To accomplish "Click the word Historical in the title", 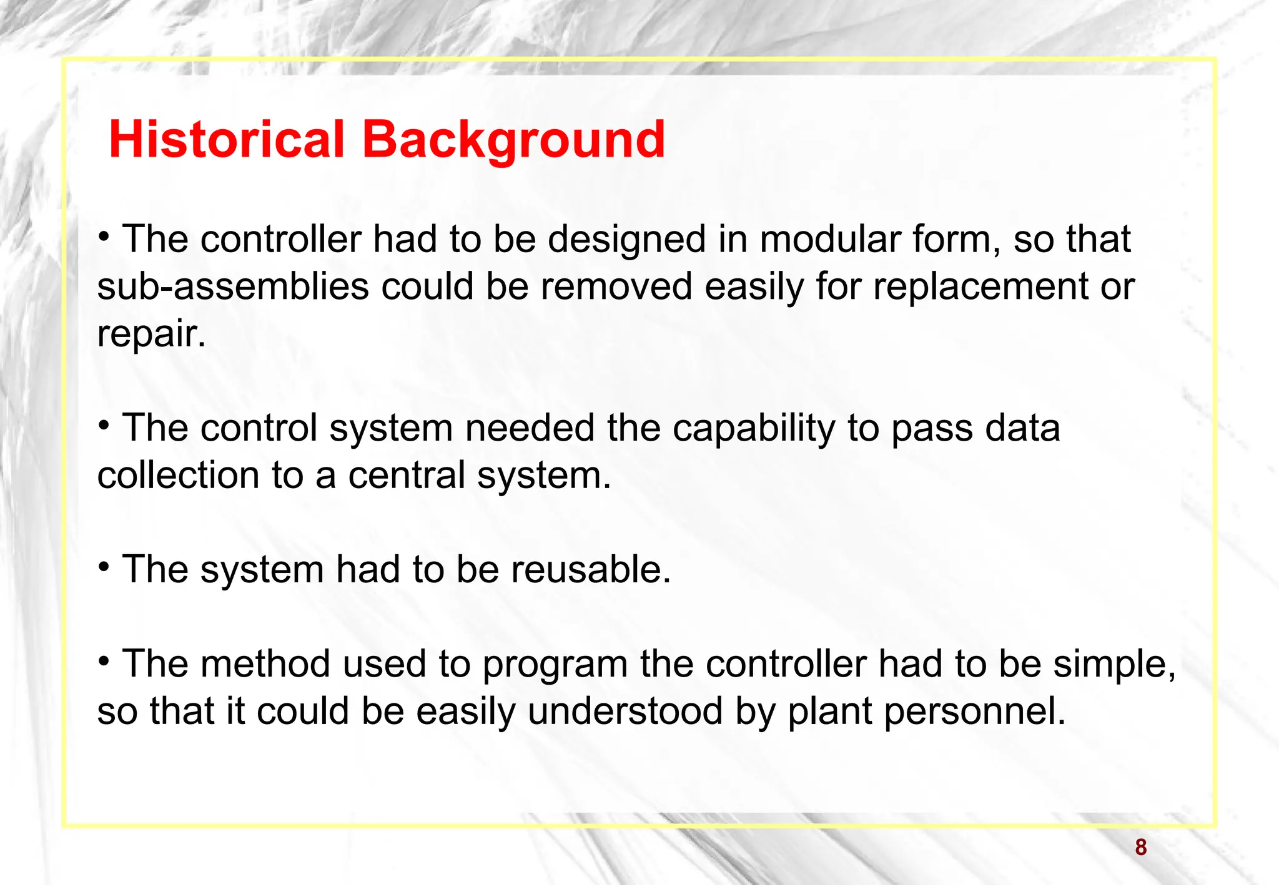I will [x=226, y=139].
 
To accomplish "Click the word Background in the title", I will [x=513, y=140].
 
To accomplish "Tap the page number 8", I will [x=1141, y=848].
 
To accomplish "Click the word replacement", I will [x=980, y=288].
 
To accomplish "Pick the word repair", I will [x=151, y=335].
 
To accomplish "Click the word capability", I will [x=753, y=429].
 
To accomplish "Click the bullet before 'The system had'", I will [x=104, y=567].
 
